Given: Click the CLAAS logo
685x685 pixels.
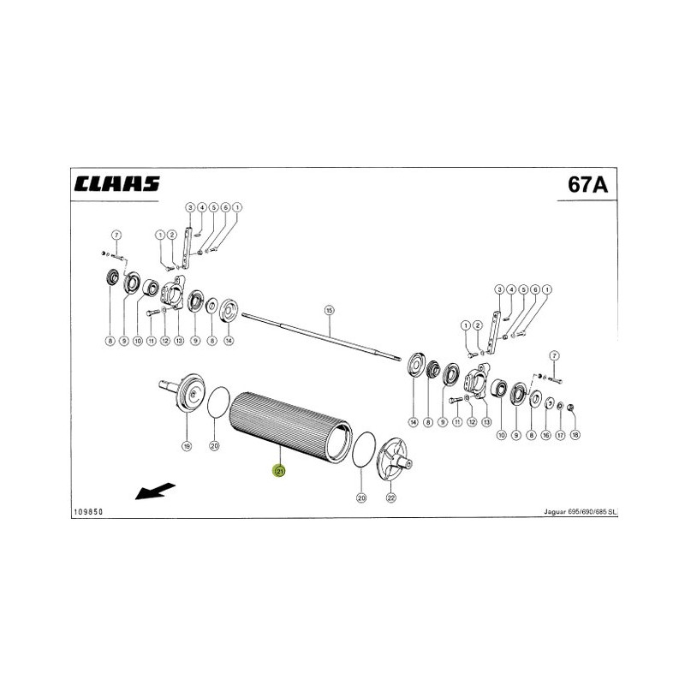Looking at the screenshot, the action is point(117,184).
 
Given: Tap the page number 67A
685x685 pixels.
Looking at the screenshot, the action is point(587,184).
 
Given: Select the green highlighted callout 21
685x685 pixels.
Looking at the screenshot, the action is point(279,472).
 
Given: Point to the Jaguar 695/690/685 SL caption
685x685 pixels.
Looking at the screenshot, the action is point(581,511).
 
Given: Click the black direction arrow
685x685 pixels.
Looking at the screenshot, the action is point(155,491).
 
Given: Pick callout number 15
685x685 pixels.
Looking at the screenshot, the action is point(329,310).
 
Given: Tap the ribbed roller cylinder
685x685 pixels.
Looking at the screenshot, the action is point(290,427).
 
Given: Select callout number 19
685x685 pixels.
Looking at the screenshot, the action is point(187,446).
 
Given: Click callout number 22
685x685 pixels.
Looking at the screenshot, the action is point(391,497).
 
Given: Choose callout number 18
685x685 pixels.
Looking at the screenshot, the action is point(575,435).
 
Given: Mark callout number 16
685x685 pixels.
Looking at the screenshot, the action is point(545,435).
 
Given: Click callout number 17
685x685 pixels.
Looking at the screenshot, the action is point(560,435).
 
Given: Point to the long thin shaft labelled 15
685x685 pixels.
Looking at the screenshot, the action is point(321,336).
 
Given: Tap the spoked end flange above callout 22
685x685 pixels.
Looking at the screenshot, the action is point(394,459).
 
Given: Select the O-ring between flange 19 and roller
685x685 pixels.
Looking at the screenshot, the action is point(218,402).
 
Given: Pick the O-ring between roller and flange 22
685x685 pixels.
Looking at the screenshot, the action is point(363,450).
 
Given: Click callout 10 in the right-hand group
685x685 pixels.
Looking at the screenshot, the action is point(501,435).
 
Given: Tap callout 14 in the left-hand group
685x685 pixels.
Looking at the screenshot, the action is point(229,341).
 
